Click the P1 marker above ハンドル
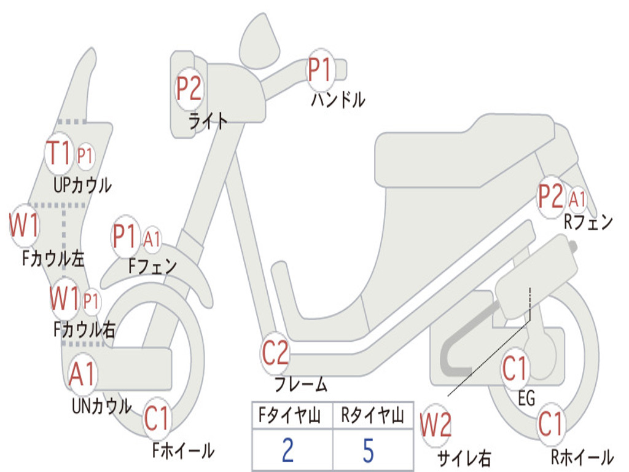click(319, 70)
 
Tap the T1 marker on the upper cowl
click(60, 154)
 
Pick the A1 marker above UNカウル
click(82, 374)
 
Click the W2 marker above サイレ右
click(436, 425)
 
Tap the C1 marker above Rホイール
click(550, 423)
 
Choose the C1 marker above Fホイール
click(157, 419)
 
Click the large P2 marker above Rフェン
click(550, 197)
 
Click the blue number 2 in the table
click(287, 450)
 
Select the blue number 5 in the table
click(368, 450)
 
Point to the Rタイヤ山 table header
click(372, 417)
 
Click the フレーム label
click(301, 385)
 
